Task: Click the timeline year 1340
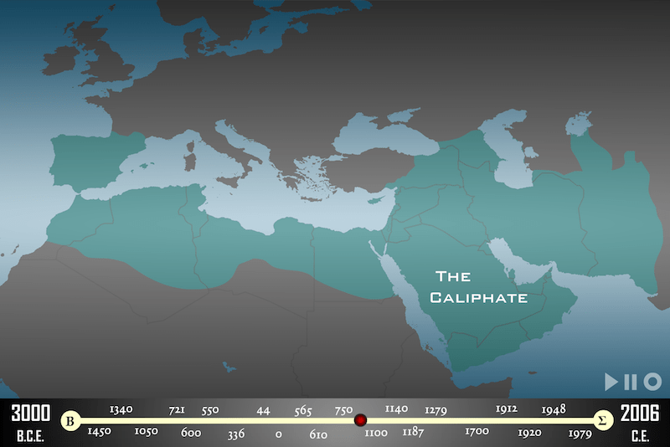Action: click(121, 409)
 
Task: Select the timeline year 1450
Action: click(100, 431)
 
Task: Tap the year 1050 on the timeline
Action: click(146, 431)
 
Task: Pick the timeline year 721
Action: click(177, 410)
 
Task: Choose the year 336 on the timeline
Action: click(235, 434)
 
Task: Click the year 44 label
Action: click(263, 410)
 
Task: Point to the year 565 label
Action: click(303, 411)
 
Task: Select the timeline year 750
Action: click(343, 410)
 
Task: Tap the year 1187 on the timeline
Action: click(413, 432)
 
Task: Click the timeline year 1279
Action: click(435, 410)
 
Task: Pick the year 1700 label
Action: click(477, 432)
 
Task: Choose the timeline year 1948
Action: click(554, 409)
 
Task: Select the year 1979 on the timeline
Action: click(580, 433)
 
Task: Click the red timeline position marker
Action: click(360, 420)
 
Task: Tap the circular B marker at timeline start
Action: click(72, 420)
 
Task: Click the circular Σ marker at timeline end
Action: click(600, 420)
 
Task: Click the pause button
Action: click(631, 382)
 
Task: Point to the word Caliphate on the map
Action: click(478, 297)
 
